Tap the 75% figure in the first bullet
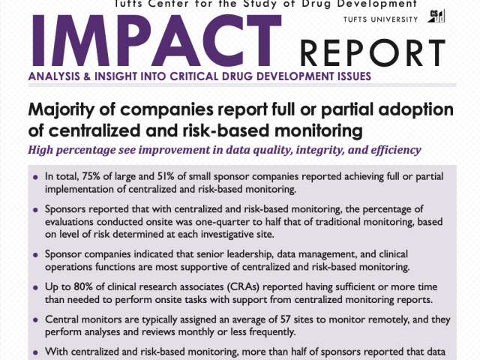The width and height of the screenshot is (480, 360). pyautogui.click(x=99, y=176)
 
